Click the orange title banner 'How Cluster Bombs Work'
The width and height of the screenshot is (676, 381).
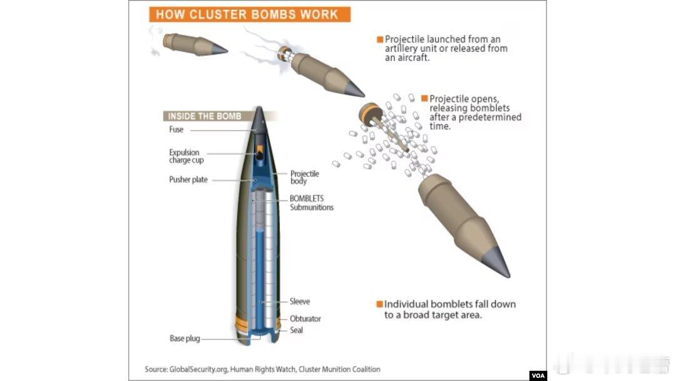pos(250,14)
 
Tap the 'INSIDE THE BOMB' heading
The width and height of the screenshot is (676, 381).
pos(204,116)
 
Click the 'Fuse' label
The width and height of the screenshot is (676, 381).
pos(177,130)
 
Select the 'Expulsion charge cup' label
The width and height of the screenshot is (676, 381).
pos(187,156)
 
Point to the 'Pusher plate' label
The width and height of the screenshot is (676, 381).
pos(188,179)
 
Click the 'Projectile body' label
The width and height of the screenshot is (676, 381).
pos(304,177)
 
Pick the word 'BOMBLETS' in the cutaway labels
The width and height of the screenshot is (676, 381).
pos(307,199)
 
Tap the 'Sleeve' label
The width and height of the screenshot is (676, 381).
pos(300,301)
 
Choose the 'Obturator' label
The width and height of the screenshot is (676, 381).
pos(305,318)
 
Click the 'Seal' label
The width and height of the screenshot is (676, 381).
pos(296,330)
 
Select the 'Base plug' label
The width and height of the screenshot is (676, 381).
pos(185,339)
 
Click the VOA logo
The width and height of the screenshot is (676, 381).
pos(538,375)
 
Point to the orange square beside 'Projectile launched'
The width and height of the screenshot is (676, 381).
pos(380,39)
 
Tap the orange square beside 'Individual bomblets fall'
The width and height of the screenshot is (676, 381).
pos(379,304)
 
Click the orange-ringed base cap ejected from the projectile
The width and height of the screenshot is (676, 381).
pos(370,115)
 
